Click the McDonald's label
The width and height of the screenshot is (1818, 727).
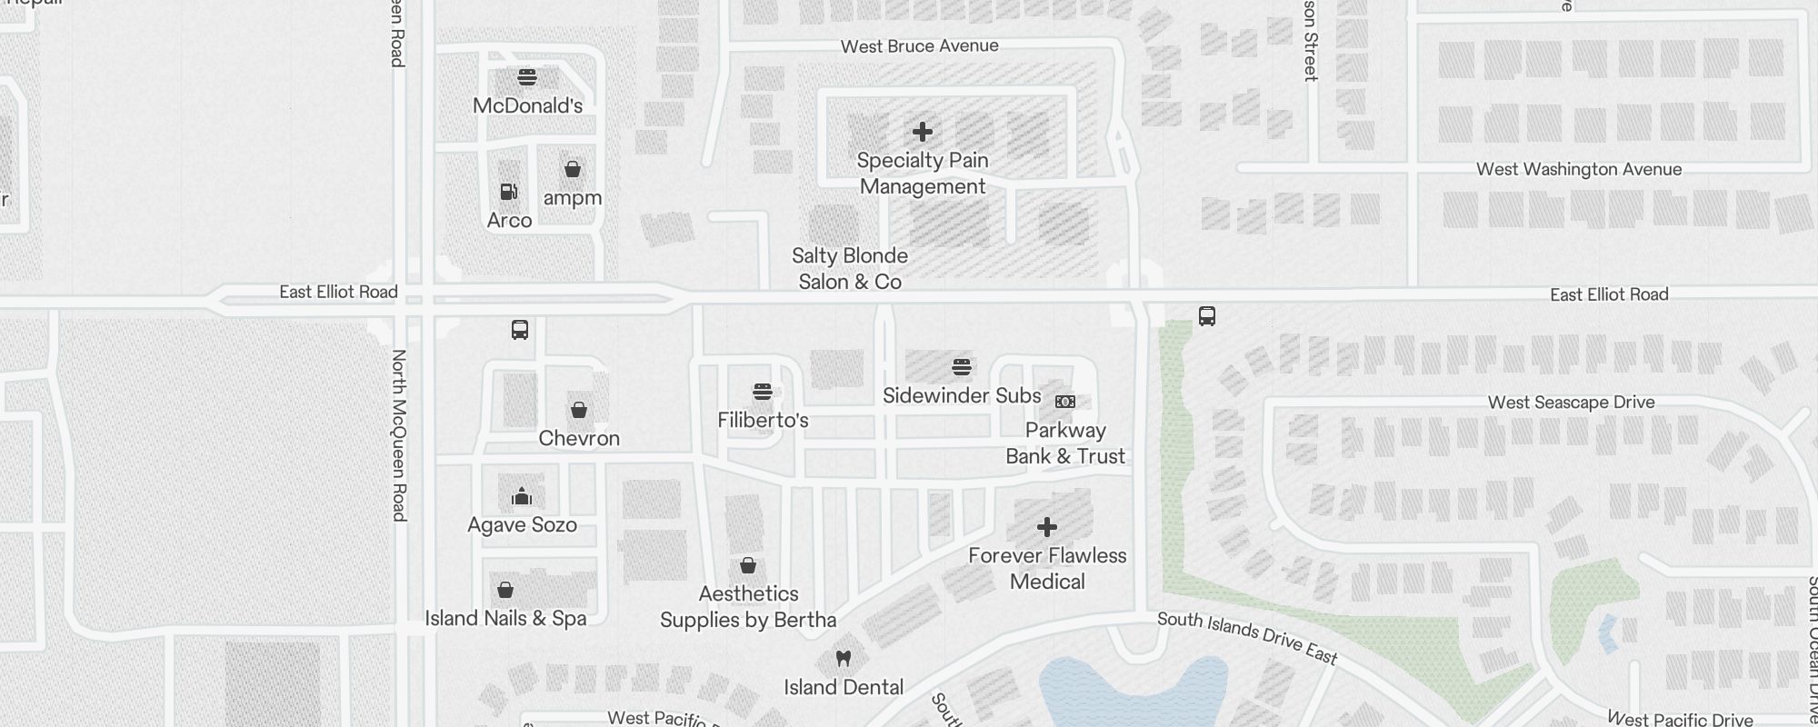click(x=527, y=105)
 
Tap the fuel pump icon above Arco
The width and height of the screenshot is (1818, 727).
click(x=509, y=192)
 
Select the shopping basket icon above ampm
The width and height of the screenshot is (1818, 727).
click(x=573, y=169)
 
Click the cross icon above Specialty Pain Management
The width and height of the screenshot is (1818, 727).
click(x=923, y=132)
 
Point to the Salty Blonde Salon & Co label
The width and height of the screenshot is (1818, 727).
click(x=850, y=269)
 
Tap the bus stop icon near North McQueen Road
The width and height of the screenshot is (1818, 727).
click(x=520, y=329)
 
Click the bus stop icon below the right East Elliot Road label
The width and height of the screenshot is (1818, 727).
click(x=1207, y=316)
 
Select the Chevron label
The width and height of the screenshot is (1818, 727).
click(x=579, y=438)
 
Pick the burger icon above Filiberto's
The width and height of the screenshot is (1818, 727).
click(x=763, y=392)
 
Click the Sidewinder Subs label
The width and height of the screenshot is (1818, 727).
click(x=962, y=396)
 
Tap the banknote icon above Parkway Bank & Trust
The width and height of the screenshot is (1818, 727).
click(x=1065, y=402)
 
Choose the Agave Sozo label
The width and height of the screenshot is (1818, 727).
click(x=522, y=524)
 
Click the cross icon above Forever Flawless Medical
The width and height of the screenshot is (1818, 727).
click(x=1047, y=527)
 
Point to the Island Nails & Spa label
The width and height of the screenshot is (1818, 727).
click(x=505, y=618)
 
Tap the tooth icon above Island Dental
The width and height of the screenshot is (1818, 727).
click(x=844, y=658)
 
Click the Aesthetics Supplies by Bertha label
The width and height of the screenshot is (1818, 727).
click(x=748, y=607)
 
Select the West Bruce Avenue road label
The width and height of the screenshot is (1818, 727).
click(x=919, y=46)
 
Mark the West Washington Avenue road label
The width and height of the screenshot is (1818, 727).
click(x=1579, y=169)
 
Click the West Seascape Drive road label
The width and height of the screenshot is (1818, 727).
click(x=1571, y=403)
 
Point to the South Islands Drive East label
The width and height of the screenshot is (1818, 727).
click(x=1247, y=637)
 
